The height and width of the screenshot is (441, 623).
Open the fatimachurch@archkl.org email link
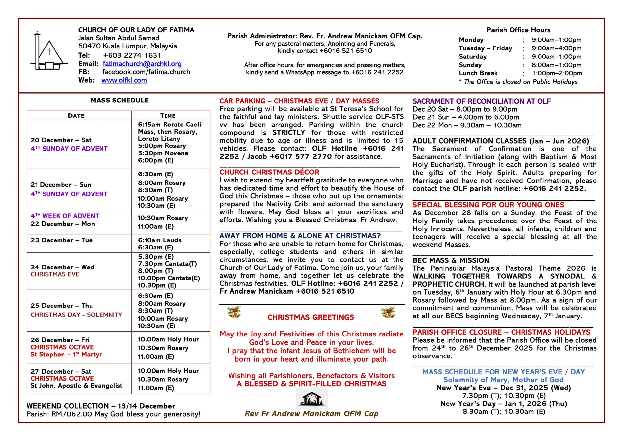pos(142,64)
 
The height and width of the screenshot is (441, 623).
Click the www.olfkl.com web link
pos(124,80)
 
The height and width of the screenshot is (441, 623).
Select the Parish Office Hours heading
pos(518,30)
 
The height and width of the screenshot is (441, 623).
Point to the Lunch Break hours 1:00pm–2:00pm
pos(557,73)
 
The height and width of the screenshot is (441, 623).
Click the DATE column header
pos(76,116)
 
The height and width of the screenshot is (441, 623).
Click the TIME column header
pos(168,116)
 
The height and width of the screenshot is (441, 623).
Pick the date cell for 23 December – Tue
pos(62,240)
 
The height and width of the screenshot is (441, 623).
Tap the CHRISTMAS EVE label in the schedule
pos(55,274)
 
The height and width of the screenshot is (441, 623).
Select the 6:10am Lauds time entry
pos(160,240)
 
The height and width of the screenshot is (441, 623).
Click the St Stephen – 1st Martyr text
pos(66,355)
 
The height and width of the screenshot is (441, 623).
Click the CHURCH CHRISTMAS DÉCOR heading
pos(269,172)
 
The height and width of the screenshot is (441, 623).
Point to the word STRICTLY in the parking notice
pos(289,133)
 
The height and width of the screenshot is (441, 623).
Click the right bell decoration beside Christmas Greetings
pos(388,313)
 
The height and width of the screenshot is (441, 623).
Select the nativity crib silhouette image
pos(311,399)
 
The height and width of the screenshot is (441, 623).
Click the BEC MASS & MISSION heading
pos(451,260)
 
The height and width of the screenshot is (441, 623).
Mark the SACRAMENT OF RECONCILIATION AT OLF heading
pos(482,101)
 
